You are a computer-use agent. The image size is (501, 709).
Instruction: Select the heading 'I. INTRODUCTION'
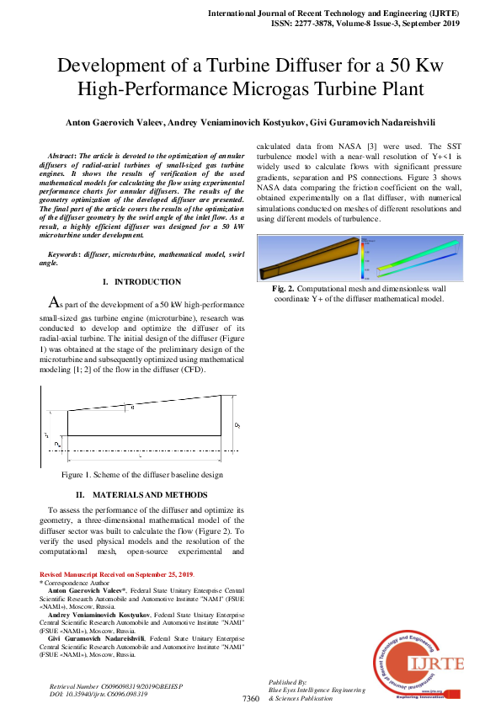pyautogui.click(x=141, y=281)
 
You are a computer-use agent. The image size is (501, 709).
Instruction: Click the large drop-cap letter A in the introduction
pyautogui.click(x=52, y=302)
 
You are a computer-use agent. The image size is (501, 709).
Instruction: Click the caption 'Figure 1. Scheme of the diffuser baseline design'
pyautogui.click(x=141, y=475)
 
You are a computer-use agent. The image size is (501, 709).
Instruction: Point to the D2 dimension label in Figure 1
pyautogui.click(x=237, y=426)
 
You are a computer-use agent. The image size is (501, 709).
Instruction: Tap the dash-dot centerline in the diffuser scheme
pyautogui.click(x=135, y=450)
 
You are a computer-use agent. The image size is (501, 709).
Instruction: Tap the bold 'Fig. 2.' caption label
pyautogui.click(x=309, y=289)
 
